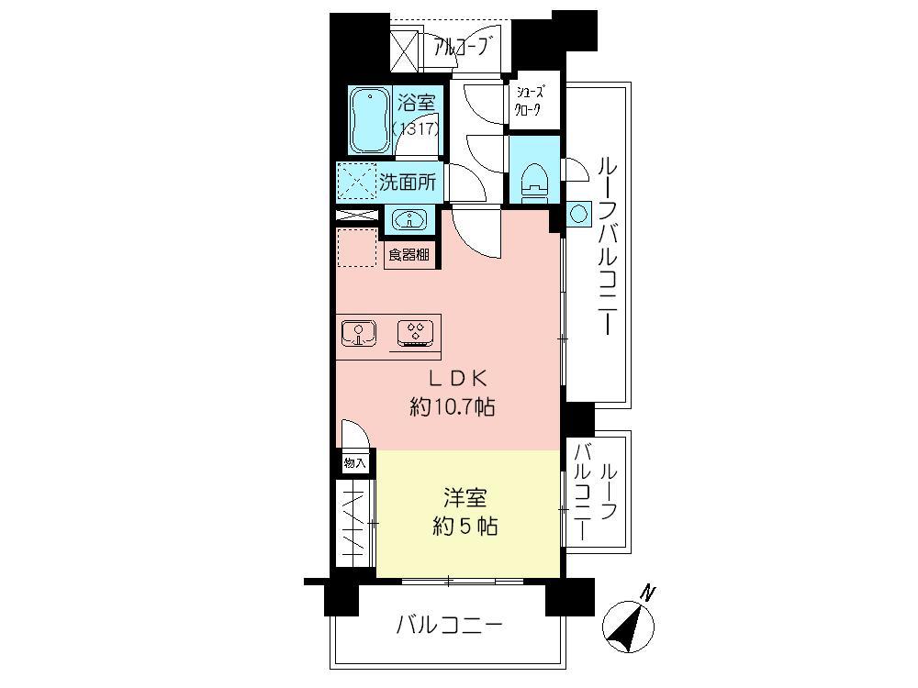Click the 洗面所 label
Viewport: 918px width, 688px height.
pyautogui.click(x=408, y=181)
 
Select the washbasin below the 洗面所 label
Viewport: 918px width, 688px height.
pyautogui.click(x=408, y=220)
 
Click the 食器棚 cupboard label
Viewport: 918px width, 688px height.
pyautogui.click(x=408, y=255)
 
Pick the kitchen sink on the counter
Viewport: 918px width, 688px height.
pyautogui.click(x=358, y=333)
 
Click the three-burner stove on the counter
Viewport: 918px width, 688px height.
pyautogui.click(x=415, y=333)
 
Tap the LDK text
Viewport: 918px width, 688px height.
pyautogui.click(x=452, y=377)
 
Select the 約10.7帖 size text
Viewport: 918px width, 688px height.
pyautogui.click(x=452, y=406)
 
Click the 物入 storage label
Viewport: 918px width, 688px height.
pyautogui.click(x=354, y=463)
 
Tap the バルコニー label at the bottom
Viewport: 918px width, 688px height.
pyautogui.click(x=449, y=627)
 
